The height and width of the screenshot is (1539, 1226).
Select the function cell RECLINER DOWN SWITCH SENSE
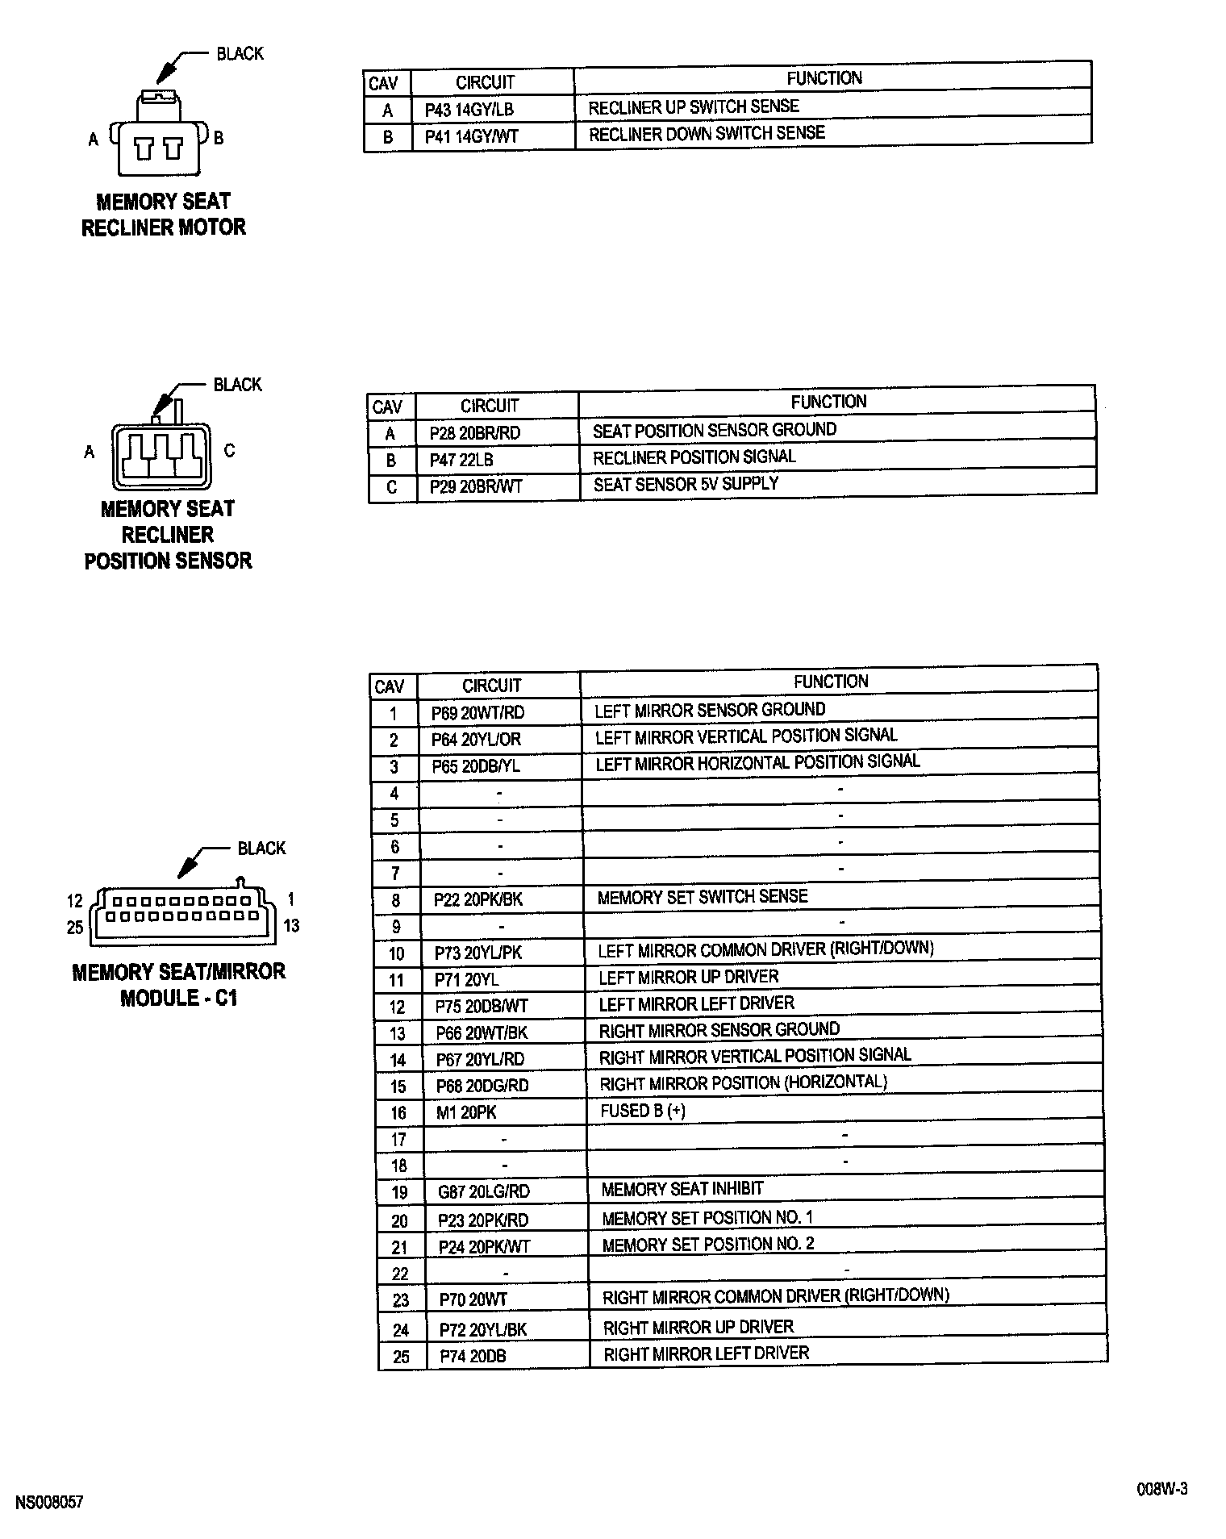pyautogui.click(x=707, y=134)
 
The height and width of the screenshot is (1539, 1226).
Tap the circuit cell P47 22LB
pyautogui.click(x=461, y=460)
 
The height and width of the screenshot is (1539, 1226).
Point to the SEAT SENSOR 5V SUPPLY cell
pyautogui.click(x=686, y=484)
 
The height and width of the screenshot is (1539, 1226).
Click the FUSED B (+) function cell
pyautogui.click(x=643, y=1111)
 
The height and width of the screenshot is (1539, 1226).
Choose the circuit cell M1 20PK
pyautogui.click(x=466, y=1113)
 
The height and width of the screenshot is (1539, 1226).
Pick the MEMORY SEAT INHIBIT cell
pyautogui.click(x=682, y=1189)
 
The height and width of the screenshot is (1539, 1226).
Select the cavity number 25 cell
pyautogui.click(x=401, y=1358)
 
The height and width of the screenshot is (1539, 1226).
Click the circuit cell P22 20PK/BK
pyautogui.click(x=478, y=899)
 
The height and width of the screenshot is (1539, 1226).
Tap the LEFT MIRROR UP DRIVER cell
pyautogui.click(x=688, y=978)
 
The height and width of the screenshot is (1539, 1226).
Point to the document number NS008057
pyautogui.click(x=49, y=1503)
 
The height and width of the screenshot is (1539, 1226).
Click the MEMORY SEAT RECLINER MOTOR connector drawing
pyautogui.click(x=159, y=136)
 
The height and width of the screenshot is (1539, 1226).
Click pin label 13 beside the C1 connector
pyautogui.click(x=291, y=926)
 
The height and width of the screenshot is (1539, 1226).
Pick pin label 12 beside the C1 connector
pyautogui.click(x=75, y=901)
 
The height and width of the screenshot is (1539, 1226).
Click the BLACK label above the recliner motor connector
pyautogui.click(x=240, y=54)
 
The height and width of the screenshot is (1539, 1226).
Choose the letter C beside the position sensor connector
pyautogui.click(x=229, y=451)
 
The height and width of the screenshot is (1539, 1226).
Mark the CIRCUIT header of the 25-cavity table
pyautogui.click(x=491, y=686)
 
